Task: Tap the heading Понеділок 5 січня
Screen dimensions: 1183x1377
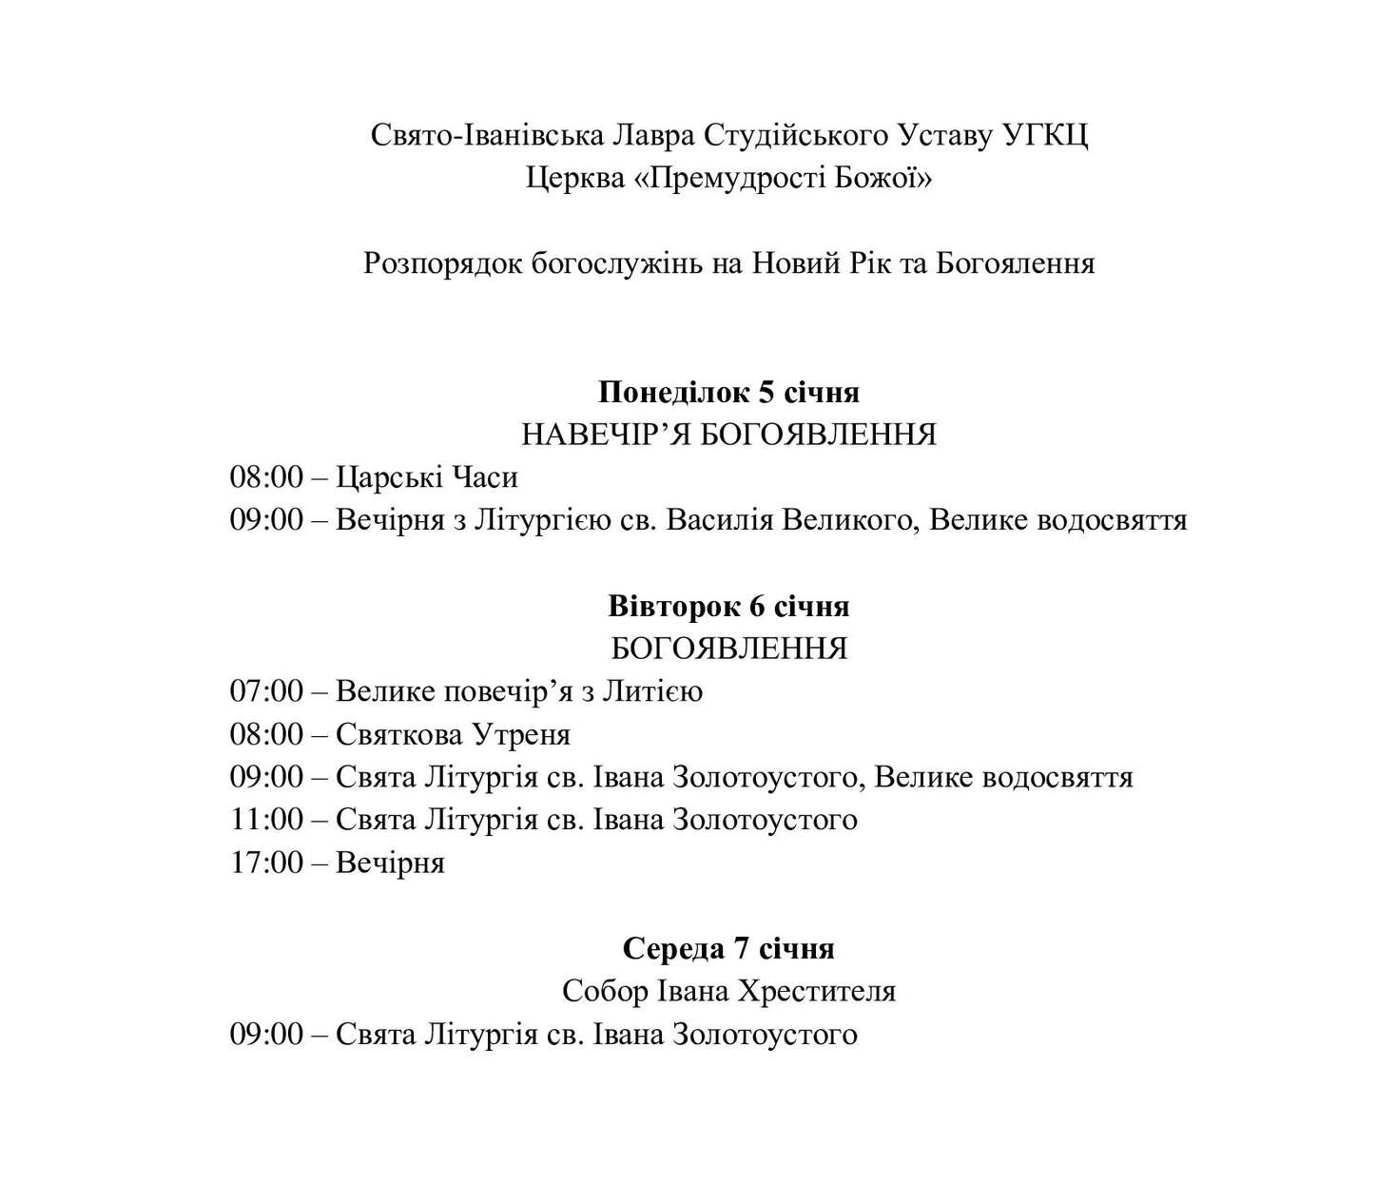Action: [x=728, y=392]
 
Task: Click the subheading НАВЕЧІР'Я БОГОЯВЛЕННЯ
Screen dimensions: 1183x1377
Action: [x=728, y=435]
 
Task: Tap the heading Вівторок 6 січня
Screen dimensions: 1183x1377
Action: [x=728, y=606]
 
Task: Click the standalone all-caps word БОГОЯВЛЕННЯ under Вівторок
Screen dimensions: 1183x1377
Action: [x=728, y=649]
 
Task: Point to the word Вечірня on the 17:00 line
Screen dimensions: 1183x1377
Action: [x=390, y=863]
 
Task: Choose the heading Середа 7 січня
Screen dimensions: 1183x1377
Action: [x=728, y=948]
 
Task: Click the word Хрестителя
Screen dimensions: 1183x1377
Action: [x=817, y=991]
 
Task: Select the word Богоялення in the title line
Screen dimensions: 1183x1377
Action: [x=1016, y=263]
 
